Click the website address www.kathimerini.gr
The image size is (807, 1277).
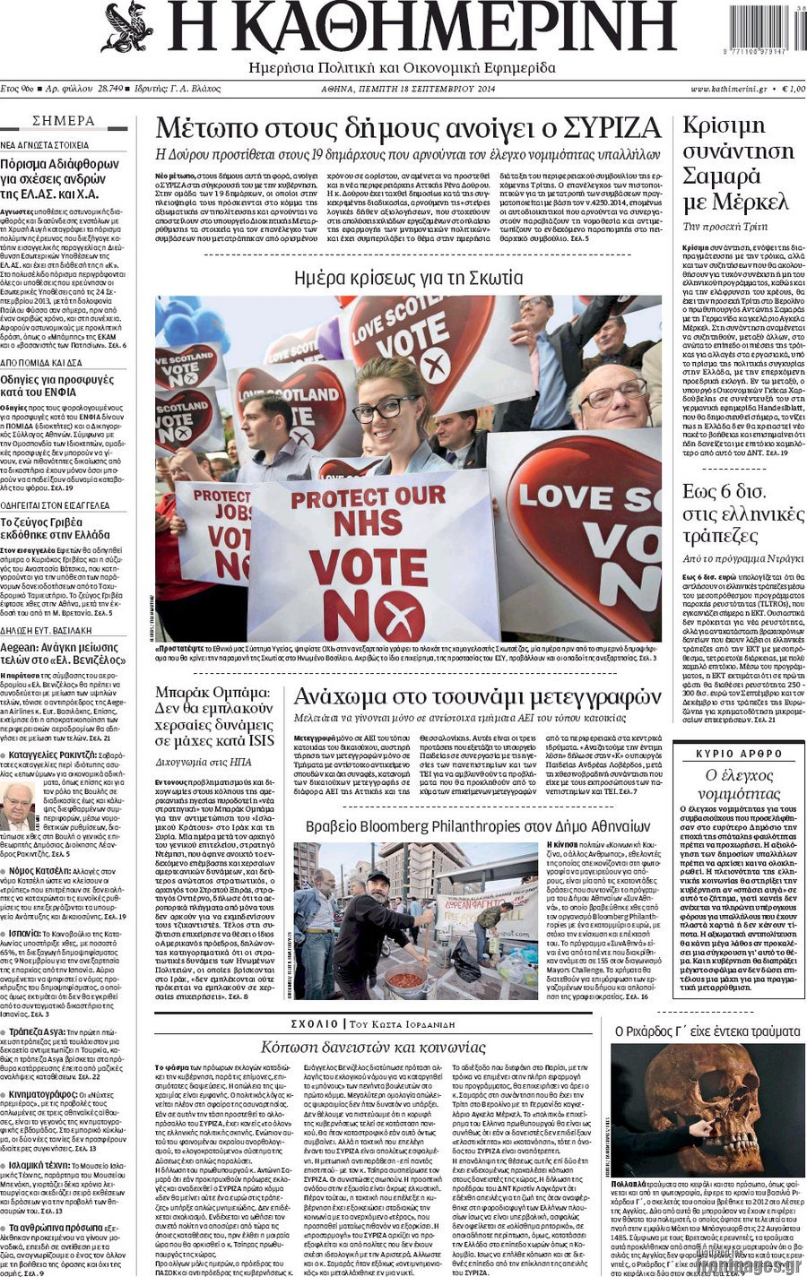(x=727, y=90)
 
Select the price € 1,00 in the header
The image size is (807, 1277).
(x=792, y=90)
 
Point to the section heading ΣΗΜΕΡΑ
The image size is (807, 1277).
(x=64, y=121)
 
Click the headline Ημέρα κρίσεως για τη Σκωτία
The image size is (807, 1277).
(x=408, y=278)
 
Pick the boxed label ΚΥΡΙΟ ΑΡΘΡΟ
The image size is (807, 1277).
(x=739, y=754)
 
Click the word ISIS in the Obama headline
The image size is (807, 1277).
(x=261, y=740)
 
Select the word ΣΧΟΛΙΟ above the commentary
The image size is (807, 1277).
(x=314, y=1023)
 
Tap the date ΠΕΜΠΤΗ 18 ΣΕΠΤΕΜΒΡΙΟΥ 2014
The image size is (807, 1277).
(x=446, y=90)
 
